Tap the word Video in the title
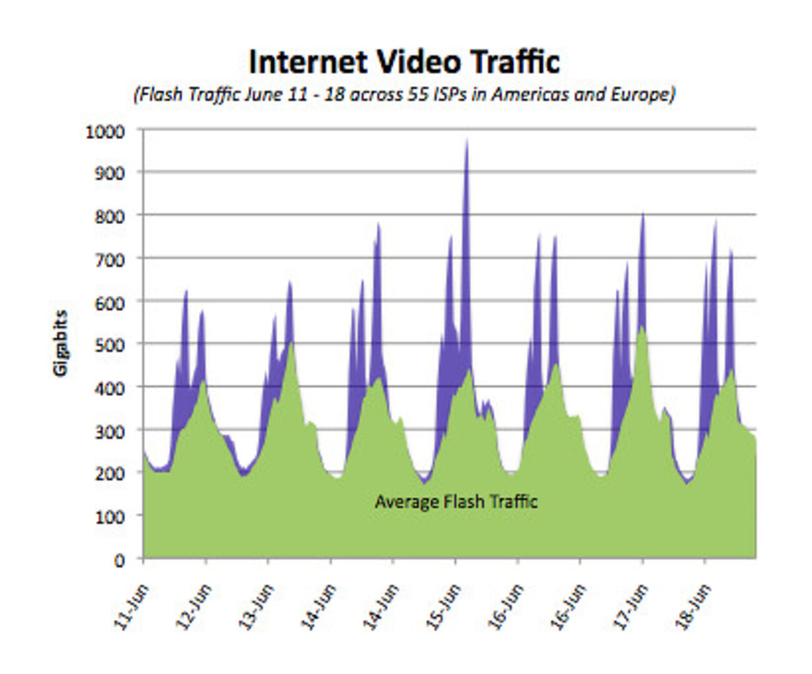click(418, 62)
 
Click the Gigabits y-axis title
click(60, 343)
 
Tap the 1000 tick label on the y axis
click(106, 132)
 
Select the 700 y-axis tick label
click(110, 259)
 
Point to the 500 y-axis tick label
click(110, 345)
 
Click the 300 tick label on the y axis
click(110, 431)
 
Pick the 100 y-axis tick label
click(110, 517)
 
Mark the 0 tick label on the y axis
click(119, 560)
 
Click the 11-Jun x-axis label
click(131, 607)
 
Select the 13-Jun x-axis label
click(256, 607)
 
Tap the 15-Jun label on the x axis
click(443, 607)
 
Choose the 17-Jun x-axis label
click(631, 607)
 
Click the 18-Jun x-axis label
click(693, 607)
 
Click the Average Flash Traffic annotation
click(456, 502)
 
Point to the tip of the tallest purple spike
click(467, 141)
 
